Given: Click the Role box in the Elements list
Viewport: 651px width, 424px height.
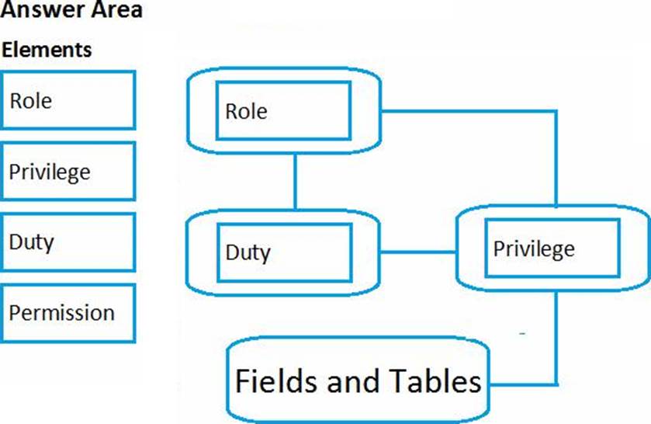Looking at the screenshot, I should [68, 100].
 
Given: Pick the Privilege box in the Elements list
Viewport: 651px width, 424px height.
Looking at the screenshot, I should [68, 171].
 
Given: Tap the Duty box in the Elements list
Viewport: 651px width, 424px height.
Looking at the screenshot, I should [68, 242].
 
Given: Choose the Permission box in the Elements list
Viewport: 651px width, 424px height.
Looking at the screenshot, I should [68, 313].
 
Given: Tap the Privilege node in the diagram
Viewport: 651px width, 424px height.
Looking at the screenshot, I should [552, 248].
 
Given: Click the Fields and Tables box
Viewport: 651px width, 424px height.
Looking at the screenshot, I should [358, 381].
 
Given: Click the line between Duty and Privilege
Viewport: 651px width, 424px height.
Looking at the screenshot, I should [418, 252].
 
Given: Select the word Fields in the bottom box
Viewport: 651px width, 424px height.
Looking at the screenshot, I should [270, 381].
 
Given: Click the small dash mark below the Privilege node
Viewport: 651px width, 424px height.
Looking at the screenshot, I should [523, 333].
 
